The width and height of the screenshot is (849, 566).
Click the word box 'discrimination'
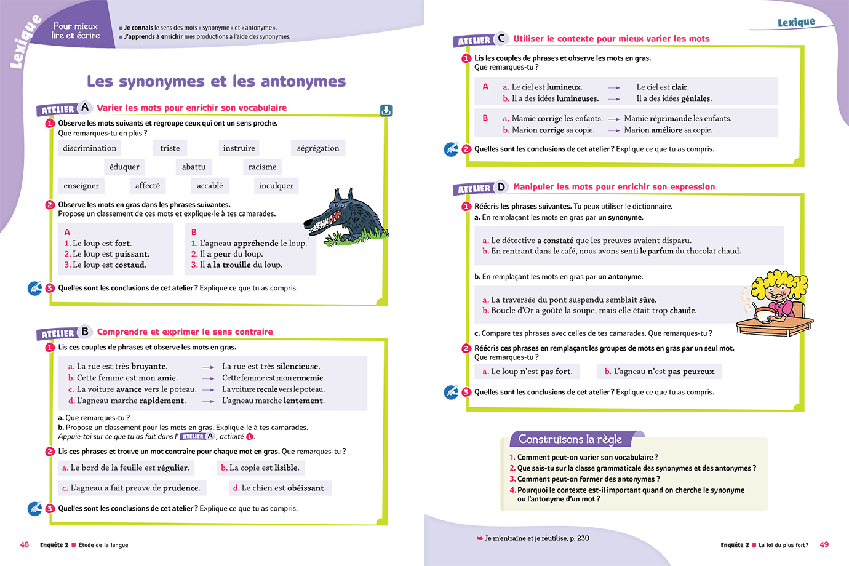click(89, 148)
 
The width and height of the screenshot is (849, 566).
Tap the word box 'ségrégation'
click(317, 148)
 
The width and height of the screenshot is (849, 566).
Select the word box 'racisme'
click(262, 167)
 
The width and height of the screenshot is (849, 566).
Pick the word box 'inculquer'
click(276, 186)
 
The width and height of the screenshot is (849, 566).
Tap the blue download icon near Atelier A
click(386, 111)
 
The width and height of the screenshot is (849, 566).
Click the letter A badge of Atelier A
click(85, 108)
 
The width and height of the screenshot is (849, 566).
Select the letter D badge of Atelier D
click(501, 187)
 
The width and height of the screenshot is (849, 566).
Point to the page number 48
click(25, 544)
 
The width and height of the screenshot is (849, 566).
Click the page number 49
click(824, 544)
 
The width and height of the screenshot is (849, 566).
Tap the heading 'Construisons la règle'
click(570, 439)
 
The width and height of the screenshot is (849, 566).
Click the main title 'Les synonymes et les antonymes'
click(216, 81)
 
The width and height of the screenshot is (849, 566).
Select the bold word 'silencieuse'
click(298, 366)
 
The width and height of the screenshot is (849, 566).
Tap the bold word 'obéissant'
click(307, 488)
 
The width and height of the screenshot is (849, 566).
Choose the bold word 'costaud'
click(129, 265)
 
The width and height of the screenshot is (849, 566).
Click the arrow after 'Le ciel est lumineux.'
click(613, 87)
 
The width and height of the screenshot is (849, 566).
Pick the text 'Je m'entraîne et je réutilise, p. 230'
click(536, 538)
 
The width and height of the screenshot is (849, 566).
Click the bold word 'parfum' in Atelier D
click(660, 251)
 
